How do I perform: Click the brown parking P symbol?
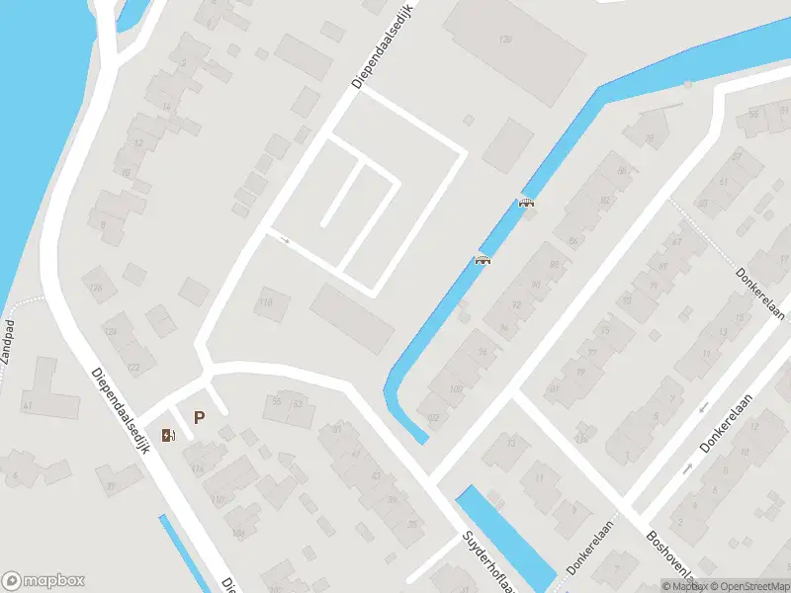point(199,418)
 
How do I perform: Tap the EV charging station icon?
point(169,435)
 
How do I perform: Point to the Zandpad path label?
point(9,343)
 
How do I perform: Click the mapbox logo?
point(44,581)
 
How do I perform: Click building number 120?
point(505,40)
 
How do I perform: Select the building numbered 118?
point(264,301)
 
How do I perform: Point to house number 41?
point(28,405)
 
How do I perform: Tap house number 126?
point(96,288)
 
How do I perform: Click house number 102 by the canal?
point(432,416)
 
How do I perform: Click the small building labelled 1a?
point(582,437)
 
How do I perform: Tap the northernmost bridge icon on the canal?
point(526,203)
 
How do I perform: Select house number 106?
point(237,533)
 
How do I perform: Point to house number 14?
point(166,107)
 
